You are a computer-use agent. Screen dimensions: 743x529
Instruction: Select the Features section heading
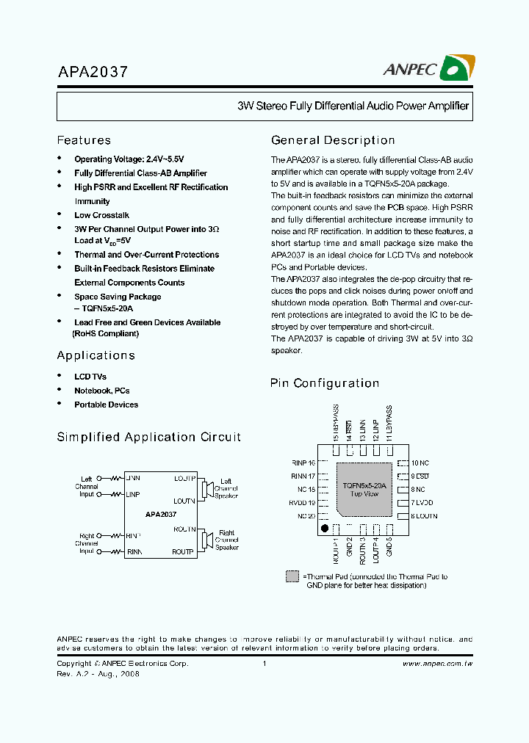pyautogui.click(x=84, y=140)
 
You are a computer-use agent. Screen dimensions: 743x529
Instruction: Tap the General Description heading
pyautogui.click(x=333, y=140)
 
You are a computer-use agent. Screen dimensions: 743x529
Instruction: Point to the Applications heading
pyautogui.click(x=96, y=355)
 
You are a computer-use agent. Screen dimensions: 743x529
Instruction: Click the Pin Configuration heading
pyautogui.click(x=325, y=383)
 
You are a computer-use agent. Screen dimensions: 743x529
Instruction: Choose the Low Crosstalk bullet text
pyautogui.click(x=101, y=215)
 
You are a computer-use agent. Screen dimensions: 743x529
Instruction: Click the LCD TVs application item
pyautogui.click(x=90, y=377)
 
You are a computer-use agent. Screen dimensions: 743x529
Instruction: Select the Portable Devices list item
pyautogui.click(x=106, y=405)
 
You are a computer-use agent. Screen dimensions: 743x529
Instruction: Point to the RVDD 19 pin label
pyautogui.click(x=303, y=503)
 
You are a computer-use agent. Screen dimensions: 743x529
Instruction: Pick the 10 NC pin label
pyautogui.click(x=420, y=463)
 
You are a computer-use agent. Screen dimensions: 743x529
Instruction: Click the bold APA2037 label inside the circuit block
pyautogui.click(x=160, y=515)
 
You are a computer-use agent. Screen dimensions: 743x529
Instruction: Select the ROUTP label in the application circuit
pyautogui.click(x=183, y=551)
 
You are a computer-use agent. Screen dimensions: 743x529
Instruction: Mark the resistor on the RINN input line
pyautogui.click(x=115, y=551)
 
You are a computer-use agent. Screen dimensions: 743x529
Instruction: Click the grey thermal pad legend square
pyautogui.click(x=292, y=576)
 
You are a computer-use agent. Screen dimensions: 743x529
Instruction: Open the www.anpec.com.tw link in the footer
pyautogui.click(x=437, y=663)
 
